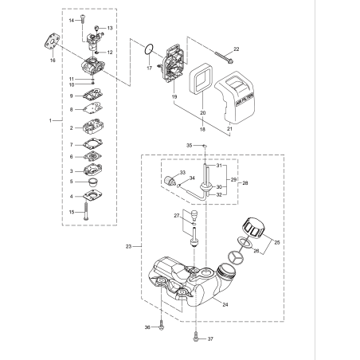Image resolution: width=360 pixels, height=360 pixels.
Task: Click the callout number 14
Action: [x=70, y=19]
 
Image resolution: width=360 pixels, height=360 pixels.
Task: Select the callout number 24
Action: [x=225, y=304]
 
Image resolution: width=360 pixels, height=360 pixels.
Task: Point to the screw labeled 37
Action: [x=196, y=338]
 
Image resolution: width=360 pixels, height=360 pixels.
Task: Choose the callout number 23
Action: [x=127, y=247]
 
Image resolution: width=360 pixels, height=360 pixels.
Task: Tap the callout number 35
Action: [x=190, y=146]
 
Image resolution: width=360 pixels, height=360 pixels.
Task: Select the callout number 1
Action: [x=49, y=119]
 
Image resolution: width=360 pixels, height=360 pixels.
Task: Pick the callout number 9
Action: [x=70, y=96]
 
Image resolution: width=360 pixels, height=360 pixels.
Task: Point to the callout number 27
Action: [x=177, y=215]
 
